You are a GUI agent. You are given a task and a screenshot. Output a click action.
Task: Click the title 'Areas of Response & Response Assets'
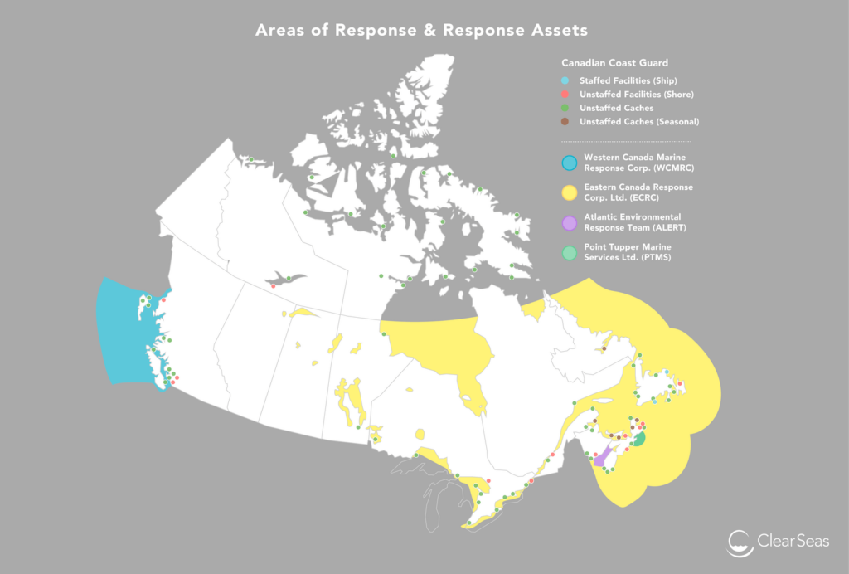[421, 31]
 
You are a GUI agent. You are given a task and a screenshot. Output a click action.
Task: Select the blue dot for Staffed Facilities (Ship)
[565, 80]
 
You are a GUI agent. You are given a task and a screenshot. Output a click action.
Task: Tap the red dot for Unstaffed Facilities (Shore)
[565, 95]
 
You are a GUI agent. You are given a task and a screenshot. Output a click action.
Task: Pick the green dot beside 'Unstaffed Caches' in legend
[565, 108]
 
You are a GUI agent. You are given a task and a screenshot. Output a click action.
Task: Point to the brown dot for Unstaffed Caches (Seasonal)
[565, 122]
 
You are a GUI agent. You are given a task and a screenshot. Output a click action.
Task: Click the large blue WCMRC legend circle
[569, 162]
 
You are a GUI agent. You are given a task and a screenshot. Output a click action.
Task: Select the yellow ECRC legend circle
[569, 192]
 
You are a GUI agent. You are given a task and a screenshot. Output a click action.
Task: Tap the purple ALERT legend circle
[569, 222]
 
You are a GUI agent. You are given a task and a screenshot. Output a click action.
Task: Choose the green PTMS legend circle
[569, 252]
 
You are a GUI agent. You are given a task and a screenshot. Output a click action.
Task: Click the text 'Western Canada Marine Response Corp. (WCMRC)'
[639, 162]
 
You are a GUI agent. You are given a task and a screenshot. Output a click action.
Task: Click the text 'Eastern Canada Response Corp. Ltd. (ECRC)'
[638, 192]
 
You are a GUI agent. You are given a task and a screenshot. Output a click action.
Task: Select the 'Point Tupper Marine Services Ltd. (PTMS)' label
[628, 252]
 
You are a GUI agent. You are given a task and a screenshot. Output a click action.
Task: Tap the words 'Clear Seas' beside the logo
[792, 542]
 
